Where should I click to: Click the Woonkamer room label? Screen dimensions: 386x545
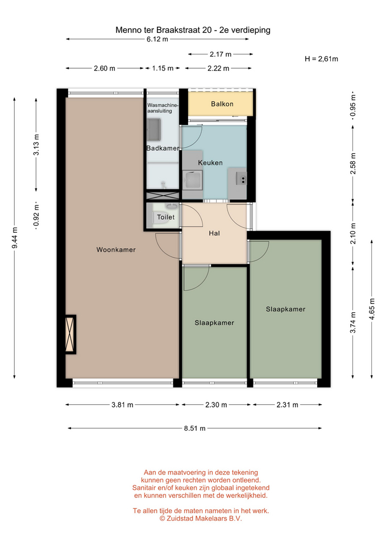tap(116, 250)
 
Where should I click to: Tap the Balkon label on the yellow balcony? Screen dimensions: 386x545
tap(222, 103)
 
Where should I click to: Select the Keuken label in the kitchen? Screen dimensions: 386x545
tap(210, 163)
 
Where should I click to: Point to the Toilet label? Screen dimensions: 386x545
tap(165, 217)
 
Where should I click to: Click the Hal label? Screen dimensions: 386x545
tap(214, 233)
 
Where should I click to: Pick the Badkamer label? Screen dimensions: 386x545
tap(163, 148)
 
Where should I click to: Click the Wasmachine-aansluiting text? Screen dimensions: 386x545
tap(162, 108)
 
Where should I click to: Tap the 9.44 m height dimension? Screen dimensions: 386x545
tap(15, 238)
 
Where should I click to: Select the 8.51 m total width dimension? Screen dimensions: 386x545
tap(194, 428)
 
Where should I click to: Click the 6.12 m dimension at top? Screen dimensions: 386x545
tap(157, 39)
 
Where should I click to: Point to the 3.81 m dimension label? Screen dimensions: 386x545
tap(122, 405)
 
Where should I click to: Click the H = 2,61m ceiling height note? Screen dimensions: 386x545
tap(321, 58)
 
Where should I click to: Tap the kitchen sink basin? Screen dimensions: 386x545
tap(193, 180)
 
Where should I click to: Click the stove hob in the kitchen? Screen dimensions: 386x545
tap(242, 179)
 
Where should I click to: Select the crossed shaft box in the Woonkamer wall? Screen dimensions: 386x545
tap(70, 334)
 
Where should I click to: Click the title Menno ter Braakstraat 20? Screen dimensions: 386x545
tap(164, 30)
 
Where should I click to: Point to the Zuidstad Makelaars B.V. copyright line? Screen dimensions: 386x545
tap(201, 518)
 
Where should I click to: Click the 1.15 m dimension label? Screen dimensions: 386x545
tap(163, 68)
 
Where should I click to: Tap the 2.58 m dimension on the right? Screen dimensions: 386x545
tap(353, 163)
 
